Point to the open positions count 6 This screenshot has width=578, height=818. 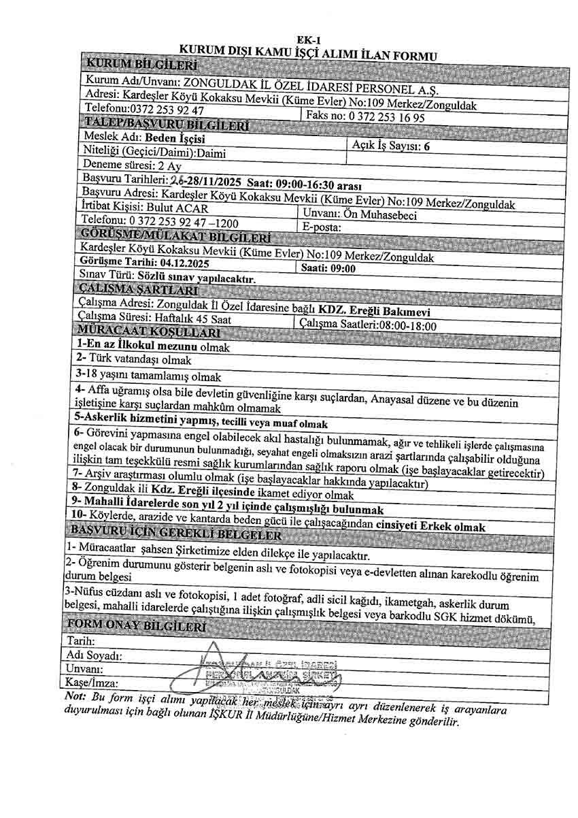pos(426,146)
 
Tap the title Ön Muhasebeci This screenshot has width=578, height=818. pos(388,214)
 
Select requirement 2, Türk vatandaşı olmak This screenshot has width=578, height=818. pos(134,359)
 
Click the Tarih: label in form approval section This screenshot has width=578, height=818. pos(81,641)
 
